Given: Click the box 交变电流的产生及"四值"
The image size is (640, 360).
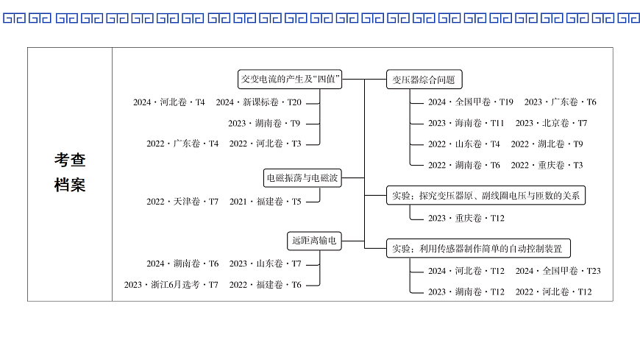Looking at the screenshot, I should (291, 79).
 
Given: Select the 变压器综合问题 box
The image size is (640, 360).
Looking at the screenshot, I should (424, 80).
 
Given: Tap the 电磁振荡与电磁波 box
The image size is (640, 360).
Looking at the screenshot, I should (302, 177).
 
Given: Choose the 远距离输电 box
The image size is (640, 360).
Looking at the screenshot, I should (314, 240).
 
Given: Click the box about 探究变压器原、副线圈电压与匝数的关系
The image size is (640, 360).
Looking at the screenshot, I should (486, 195).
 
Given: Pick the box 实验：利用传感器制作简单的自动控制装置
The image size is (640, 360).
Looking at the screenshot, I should (477, 248).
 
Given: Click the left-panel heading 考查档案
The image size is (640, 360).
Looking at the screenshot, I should (70, 172).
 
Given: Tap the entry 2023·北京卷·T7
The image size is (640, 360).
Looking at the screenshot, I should (551, 123).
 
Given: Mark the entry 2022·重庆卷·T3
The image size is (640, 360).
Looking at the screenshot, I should (547, 165).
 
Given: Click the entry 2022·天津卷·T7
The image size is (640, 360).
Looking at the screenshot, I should (182, 201).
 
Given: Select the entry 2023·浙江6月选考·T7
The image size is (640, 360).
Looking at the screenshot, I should (171, 285).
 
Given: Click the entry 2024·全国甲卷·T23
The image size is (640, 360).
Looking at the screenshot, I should (558, 271).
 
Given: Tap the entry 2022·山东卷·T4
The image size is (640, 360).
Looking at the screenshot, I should (464, 144).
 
